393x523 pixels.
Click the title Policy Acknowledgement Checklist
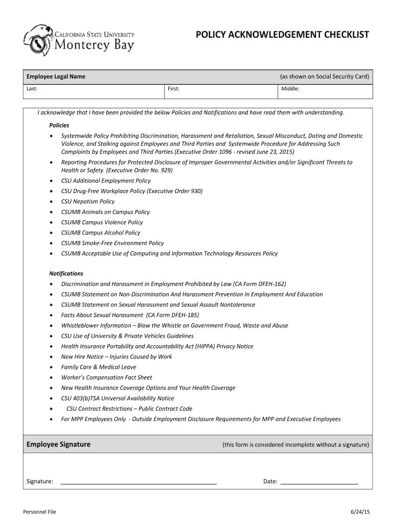[x=282, y=35]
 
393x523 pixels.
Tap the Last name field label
[x=32, y=89]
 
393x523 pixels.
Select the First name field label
[x=174, y=89]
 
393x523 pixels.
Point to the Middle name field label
[x=290, y=89]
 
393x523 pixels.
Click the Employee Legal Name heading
[x=56, y=77]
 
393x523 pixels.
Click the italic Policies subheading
[x=59, y=125]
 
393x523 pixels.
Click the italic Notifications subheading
[x=66, y=273]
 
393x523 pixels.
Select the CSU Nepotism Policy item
[x=88, y=201]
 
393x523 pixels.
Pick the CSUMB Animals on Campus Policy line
[x=105, y=212]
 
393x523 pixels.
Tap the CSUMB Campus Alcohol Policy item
[x=101, y=232]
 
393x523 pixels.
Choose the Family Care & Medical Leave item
[x=99, y=367]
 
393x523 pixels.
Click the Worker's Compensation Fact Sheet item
[x=106, y=377]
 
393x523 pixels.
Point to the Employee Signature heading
[x=58, y=444]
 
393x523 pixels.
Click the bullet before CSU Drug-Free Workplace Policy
[x=51, y=192]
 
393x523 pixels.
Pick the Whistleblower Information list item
[x=174, y=325]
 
